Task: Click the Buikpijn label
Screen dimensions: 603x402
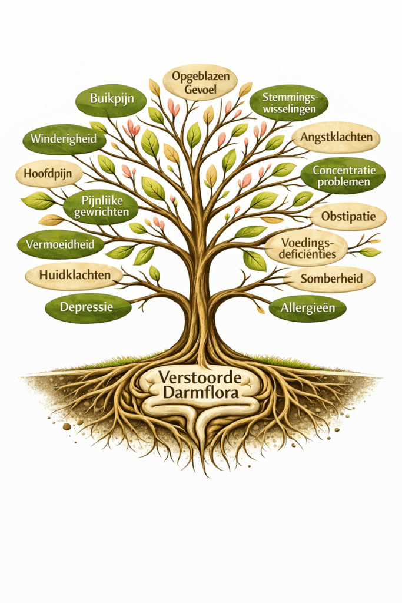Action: pyautogui.click(x=110, y=99)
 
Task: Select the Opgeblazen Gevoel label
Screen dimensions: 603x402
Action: pyautogui.click(x=200, y=82)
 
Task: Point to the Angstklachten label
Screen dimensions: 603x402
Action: pyautogui.click(x=336, y=137)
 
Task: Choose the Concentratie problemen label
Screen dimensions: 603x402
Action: pyautogui.click(x=343, y=175)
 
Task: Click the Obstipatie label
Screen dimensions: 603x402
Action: pyautogui.click(x=348, y=216)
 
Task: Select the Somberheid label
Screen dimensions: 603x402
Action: pyautogui.click(x=330, y=277)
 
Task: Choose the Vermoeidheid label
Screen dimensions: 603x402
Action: pyautogui.click(x=60, y=244)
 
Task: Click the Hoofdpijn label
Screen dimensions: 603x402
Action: pyautogui.click(x=48, y=174)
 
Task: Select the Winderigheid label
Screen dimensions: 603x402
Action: pyautogui.click(x=64, y=140)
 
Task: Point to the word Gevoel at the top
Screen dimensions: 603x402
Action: pyautogui.click(x=200, y=90)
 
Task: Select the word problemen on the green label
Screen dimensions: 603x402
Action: pyautogui.click(x=344, y=183)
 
